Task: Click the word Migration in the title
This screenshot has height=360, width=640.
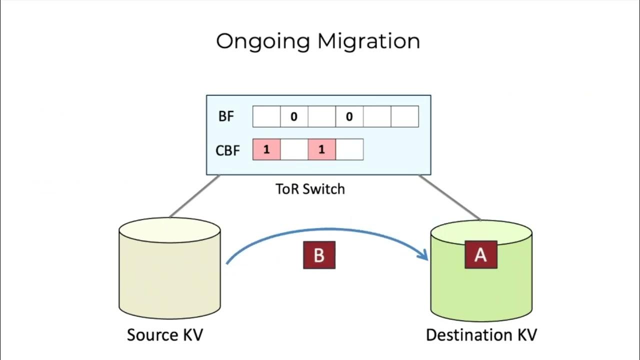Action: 368,41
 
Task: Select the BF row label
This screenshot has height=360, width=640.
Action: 226,117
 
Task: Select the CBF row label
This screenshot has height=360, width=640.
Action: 228,150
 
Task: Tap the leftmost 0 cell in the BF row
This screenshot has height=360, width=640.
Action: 294,117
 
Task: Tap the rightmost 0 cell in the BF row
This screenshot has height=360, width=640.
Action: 349,117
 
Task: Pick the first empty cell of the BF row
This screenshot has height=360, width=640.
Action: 266,117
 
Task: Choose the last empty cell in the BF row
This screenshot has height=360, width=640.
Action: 404,117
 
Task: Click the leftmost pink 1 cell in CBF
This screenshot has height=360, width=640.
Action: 266,150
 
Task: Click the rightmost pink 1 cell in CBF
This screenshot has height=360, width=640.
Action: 321,150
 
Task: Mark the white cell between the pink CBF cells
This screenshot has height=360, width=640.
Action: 294,150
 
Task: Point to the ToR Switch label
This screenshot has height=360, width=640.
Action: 310,189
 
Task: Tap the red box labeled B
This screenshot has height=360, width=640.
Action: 319,255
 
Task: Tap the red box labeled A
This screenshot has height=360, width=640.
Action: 480,254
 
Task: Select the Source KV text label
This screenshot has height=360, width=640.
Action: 165,334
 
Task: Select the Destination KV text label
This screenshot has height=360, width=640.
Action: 481,334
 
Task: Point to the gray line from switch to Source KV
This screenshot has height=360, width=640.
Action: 194,196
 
